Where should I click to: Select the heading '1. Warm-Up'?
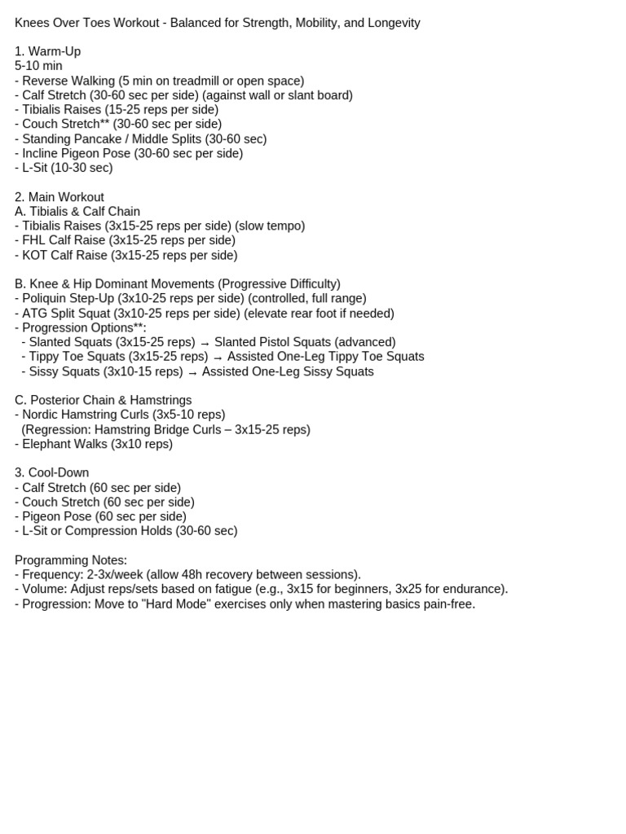tap(47, 51)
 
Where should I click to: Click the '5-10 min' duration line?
tap(38, 66)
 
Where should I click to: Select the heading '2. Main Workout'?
tap(60, 197)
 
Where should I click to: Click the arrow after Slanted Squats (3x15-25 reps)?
tap(205, 344)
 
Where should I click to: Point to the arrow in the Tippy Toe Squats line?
tap(218, 358)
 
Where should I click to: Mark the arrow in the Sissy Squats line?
tap(192, 372)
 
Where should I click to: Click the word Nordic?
tap(42, 415)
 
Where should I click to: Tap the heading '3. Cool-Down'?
tap(52, 472)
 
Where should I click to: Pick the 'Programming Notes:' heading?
tap(71, 560)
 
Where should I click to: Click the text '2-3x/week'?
tap(113, 575)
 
